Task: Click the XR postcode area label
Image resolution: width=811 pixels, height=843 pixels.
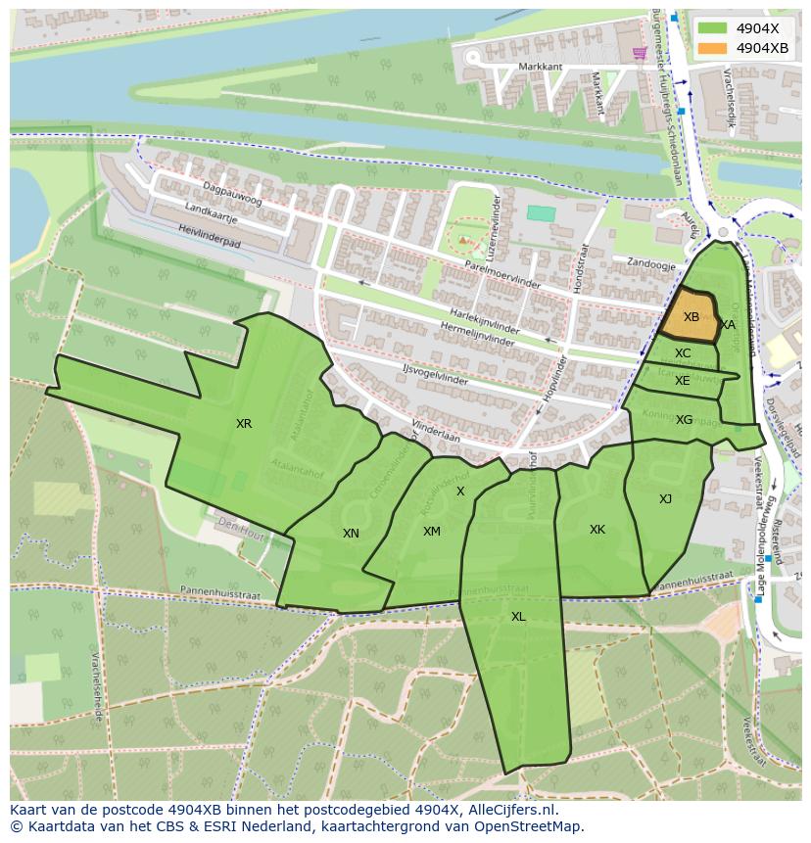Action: click(x=244, y=424)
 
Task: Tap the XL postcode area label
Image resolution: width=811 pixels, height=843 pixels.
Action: click(x=518, y=616)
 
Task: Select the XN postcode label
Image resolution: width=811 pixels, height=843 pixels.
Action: click(x=351, y=534)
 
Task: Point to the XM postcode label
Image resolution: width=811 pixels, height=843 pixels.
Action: click(x=431, y=531)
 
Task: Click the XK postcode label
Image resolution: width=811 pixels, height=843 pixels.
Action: click(x=596, y=530)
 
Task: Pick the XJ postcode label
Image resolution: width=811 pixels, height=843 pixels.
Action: click(x=665, y=499)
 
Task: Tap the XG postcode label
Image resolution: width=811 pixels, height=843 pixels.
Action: click(x=684, y=420)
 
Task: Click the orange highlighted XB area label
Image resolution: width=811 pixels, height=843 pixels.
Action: click(x=691, y=317)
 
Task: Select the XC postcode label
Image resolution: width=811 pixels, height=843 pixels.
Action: click(x=683, y=353)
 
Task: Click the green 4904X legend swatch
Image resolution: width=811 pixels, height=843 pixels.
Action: click(x=712, y=28)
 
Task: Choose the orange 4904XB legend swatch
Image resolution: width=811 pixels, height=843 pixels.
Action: click(x=712, y=48)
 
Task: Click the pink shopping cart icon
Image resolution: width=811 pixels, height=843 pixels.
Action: click(x=640, y=53)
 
